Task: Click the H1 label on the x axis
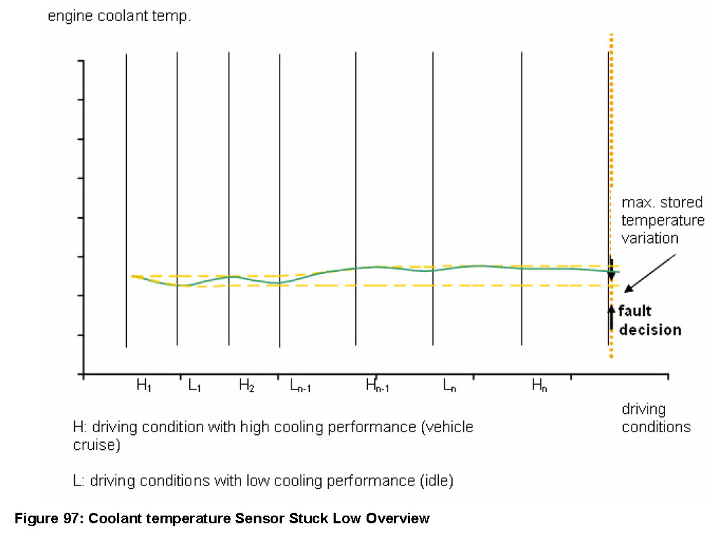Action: (144, 386)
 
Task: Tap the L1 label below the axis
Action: (195, 386)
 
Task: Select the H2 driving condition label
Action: (246, 386)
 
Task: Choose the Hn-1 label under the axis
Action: (378, 387)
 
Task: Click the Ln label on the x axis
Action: (449, 386)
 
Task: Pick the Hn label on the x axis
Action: (539, 386)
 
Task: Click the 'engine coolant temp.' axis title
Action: (119, 16)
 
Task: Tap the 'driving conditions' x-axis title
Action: (656, 418)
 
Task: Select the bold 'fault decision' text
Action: (649, 321)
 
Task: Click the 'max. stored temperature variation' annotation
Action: (662, 221)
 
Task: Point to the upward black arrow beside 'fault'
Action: (611, 317)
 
